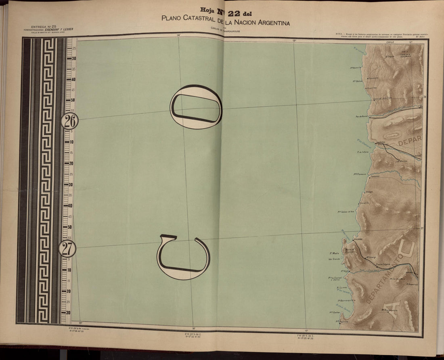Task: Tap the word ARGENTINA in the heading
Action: (270, 23)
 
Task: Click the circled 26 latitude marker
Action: (70, 120)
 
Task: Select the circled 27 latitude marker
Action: (67, 249)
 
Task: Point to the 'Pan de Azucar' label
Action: (362, 117)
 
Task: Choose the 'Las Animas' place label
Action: (401, 161)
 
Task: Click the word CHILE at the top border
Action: (390, 42)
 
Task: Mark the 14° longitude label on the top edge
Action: (178, 36)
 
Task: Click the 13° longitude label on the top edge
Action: (294, 40)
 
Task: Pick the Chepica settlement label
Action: (390, 57)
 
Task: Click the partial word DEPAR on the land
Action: (409, 142)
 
